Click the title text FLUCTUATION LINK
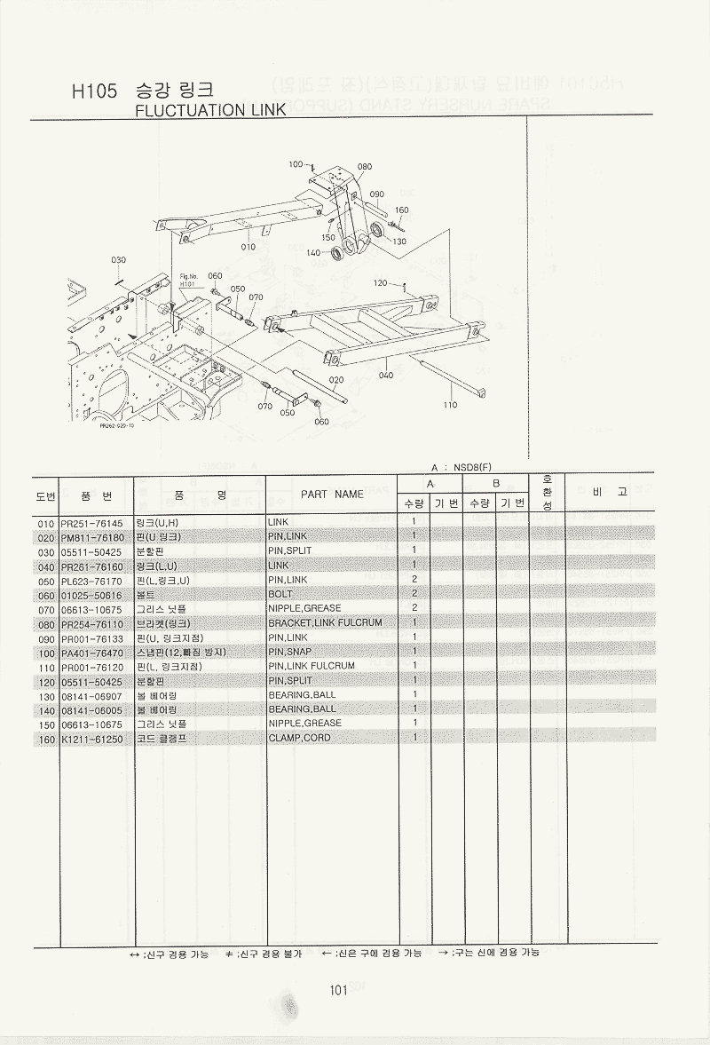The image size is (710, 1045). [209, 110]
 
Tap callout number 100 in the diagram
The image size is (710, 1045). [296, 163]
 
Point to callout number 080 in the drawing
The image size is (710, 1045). [364, 166]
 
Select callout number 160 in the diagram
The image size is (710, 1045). [401, 210]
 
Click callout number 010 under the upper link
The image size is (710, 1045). [248, 246]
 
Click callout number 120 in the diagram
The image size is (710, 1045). [381, 283]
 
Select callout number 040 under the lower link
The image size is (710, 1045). [386, 376]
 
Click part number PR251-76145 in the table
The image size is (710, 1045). [92, 522]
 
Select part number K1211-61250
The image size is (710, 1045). [92, 738]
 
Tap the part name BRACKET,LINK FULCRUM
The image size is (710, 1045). [325, 622]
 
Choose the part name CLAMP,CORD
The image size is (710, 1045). [298, 738]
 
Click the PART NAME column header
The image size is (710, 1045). [332, 494]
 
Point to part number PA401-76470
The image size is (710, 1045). [92, 652]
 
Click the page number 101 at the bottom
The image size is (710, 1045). [336, 991]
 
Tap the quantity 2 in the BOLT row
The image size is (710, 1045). [414, 593]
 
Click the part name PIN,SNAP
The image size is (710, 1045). [291, 652]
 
